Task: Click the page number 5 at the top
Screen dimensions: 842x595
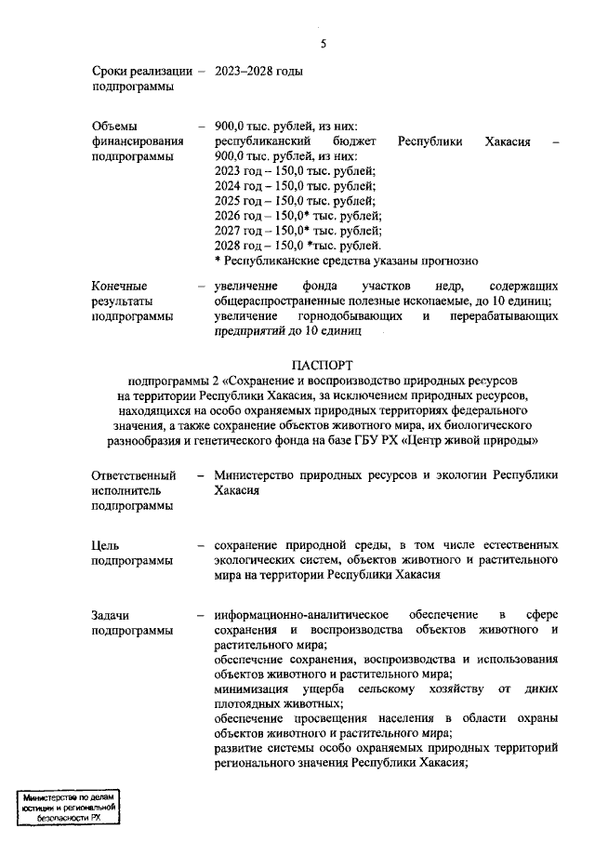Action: (323, 44)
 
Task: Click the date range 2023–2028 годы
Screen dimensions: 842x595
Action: (258, 71)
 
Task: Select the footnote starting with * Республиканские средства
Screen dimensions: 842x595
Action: (346, 261)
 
